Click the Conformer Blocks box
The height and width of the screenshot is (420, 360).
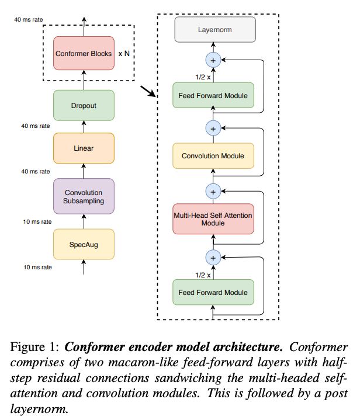84,53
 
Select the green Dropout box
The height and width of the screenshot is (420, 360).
84,105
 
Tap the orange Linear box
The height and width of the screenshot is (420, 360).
84,148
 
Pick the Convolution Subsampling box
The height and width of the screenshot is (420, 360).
84,196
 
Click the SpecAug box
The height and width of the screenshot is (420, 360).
84,244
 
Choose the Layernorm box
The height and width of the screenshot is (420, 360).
215,29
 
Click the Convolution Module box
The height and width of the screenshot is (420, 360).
213,156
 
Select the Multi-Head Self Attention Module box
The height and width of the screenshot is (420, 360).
213,219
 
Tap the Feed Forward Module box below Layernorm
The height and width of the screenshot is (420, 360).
213,95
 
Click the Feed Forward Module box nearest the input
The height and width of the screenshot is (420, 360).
213,292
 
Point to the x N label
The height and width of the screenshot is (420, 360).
124,54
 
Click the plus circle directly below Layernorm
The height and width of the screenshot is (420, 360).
213,60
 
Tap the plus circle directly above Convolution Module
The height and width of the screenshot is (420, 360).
213,129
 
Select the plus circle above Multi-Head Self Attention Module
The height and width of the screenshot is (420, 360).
213,192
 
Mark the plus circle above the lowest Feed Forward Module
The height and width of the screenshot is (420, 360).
213,258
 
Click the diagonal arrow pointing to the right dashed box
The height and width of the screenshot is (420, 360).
148,91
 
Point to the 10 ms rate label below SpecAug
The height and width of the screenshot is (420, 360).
37,267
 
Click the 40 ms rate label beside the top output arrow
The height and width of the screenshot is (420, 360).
29,19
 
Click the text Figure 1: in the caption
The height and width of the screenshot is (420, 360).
34,348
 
